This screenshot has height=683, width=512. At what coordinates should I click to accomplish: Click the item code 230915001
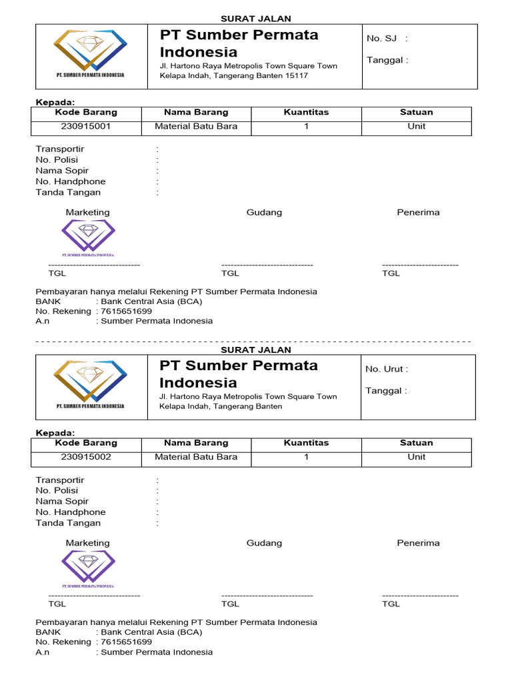coord(86,126)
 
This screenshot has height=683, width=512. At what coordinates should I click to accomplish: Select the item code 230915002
coord(86,457)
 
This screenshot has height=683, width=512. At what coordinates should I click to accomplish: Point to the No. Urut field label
coord(387,369)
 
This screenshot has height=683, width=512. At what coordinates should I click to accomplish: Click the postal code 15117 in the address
coord(296,76)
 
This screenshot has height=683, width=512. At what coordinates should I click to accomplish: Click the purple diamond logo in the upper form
coord(88,237)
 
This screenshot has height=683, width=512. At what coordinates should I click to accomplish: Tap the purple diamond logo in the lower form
coord(88,568)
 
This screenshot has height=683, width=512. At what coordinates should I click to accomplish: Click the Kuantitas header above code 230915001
coord(306,112)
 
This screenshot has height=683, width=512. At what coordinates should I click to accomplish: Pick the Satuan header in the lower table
coord(416,443)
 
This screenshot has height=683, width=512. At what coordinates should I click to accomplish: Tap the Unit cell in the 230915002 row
coord(416,457)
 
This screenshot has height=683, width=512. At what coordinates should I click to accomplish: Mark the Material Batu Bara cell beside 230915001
coord(196,126)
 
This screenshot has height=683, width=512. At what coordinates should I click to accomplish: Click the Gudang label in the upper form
coord(264,212)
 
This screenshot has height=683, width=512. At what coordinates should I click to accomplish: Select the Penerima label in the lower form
coord(418,543)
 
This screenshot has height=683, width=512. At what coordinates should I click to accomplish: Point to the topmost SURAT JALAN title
coord(256,19)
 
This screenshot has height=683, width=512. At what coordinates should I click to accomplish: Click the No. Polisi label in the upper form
coord(57,160)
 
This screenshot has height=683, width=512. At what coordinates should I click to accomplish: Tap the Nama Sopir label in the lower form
coord(62,502)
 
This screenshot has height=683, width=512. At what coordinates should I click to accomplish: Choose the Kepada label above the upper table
coord(55,101)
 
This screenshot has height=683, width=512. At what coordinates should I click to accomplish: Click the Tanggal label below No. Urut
coord(386,391)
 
